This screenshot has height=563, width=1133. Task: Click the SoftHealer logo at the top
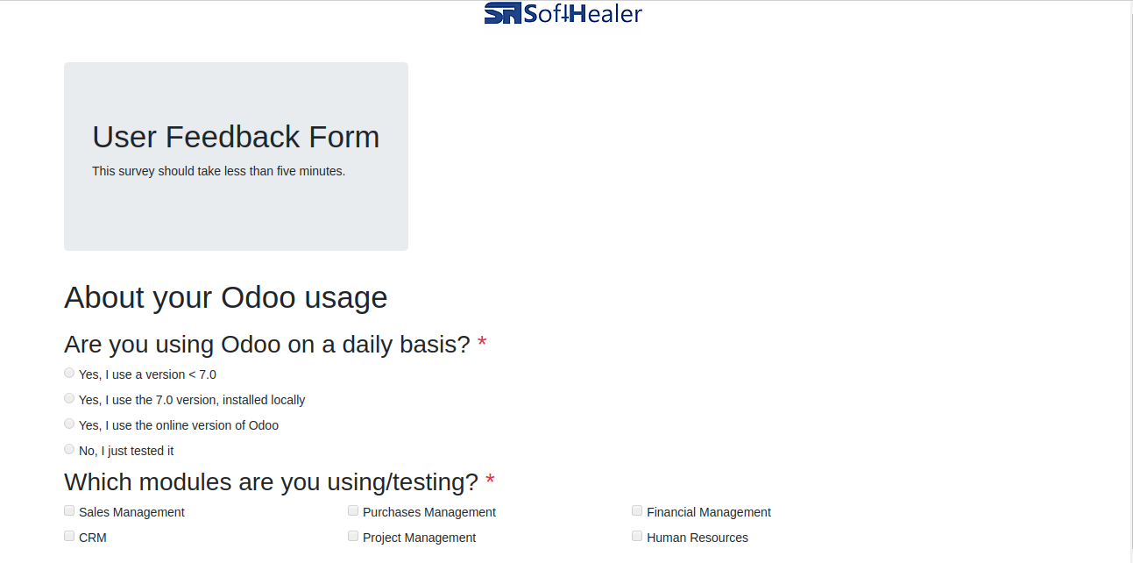coord(563,13)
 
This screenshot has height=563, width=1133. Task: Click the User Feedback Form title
coord(236,137)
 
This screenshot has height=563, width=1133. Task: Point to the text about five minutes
coord(218,171)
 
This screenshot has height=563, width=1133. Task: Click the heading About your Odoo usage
coord(225,297)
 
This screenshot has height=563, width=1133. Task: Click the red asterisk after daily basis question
coord(482,342)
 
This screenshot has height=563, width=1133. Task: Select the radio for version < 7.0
coord(69,373)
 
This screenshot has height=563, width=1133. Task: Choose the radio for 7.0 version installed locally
coord(69,398)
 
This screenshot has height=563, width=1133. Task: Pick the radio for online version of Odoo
coord(69,424)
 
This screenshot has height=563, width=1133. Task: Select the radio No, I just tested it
coord(69,449)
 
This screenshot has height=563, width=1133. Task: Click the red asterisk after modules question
coord(490,479)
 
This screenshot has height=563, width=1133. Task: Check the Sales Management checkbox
coord(69,510)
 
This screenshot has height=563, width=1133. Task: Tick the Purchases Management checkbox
coord(353,510)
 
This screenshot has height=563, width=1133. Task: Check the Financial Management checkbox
coord(637,510)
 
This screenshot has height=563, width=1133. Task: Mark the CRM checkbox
coord(69,536)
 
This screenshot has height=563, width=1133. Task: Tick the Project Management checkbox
coord(353,536)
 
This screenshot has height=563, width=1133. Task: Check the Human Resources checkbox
coord(637,536)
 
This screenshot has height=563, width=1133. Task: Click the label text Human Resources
coord(698,538)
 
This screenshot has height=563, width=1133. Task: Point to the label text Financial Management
coord(709,512)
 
